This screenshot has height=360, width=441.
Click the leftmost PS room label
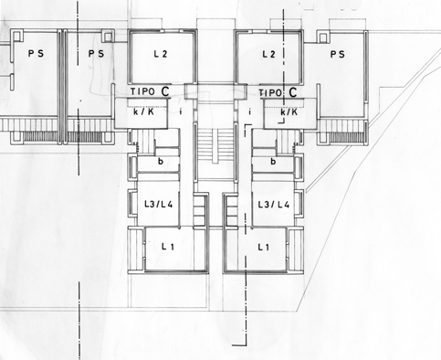point(36,54)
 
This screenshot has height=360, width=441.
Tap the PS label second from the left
point(96,54)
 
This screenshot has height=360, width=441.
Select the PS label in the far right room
point(338,54)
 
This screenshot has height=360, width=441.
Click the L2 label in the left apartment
point(161,54)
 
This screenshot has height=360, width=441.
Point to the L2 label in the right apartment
point(269,54)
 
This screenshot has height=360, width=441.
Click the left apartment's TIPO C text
point(150,91)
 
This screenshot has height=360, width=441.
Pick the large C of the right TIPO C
point(293,92)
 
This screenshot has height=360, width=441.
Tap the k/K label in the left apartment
point(143,111)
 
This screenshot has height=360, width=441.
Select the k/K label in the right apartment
point(289,112)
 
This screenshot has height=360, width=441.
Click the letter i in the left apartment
point(181,111)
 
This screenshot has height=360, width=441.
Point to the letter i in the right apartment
point(250,111)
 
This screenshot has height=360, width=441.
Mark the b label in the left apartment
point(161,161)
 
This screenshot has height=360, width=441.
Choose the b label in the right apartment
point(273,161)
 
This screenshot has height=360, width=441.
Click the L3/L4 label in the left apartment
point(159,204)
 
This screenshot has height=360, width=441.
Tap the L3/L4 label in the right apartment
point(274,205)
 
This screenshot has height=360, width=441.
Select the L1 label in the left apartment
point(168,247)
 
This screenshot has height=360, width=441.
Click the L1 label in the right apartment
point(264,247)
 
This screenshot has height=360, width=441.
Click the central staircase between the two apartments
point(215,146)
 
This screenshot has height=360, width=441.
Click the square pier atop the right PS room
point(322,37)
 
